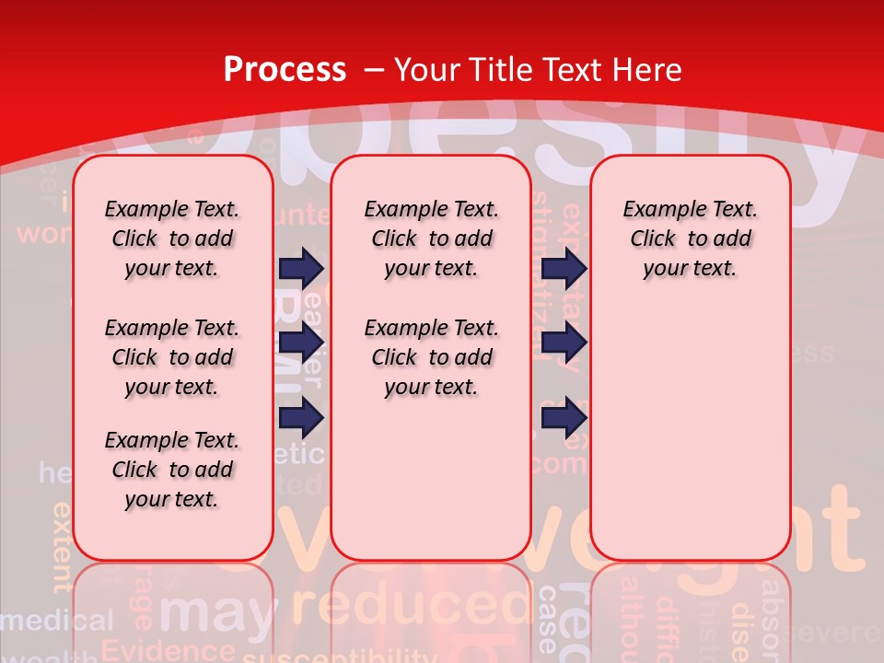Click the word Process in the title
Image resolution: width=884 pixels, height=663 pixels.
click(x=285, y=70)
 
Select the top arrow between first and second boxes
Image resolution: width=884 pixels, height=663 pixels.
click(x=301, y=268)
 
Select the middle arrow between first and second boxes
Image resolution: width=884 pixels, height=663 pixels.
click(x=301, y=343)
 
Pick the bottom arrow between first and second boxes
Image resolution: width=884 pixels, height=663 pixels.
click(x=301, y=418)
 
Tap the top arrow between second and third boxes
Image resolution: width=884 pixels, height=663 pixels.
click(x=564, y=268)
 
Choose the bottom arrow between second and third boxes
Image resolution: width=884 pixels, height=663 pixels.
click(x=564, y=418)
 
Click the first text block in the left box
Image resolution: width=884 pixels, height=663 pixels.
click(x=172, y=238)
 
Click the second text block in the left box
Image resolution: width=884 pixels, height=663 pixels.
click(x=172, y=357)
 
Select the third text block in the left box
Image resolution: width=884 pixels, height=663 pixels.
click(x=172, y=470)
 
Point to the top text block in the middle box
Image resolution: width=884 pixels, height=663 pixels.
click(x=431, y=238)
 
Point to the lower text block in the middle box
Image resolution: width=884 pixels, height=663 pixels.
click(x=431, y=357)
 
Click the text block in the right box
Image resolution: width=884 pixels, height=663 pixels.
click(x=690, y=238)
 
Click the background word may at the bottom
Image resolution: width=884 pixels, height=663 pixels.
click(x=217, y=612)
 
